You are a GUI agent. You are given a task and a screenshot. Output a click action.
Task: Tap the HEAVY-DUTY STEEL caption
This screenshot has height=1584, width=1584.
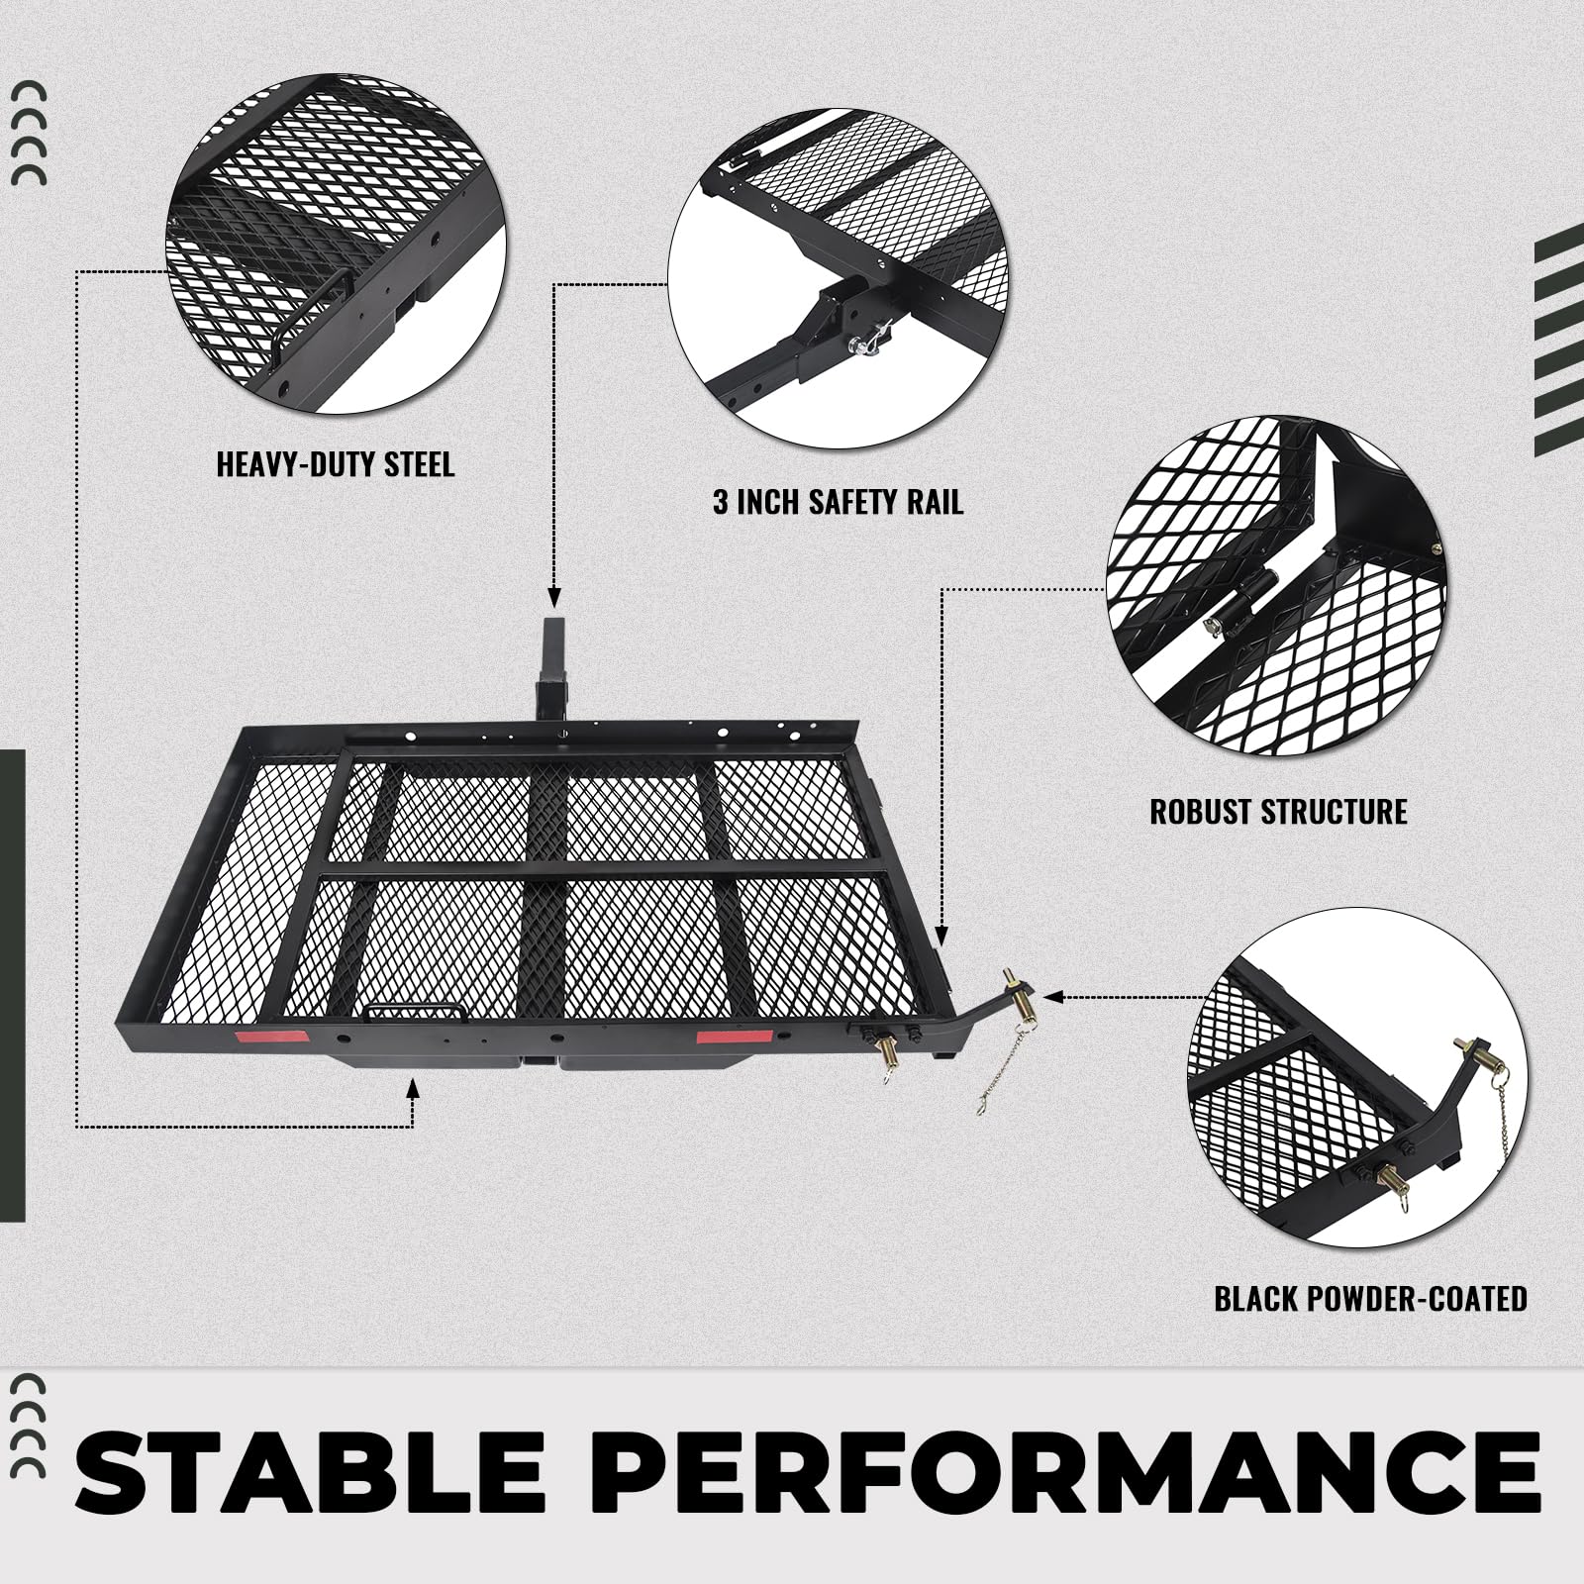point(335,464)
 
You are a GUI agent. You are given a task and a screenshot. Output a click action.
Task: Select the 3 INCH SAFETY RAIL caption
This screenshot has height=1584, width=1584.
point(838,502)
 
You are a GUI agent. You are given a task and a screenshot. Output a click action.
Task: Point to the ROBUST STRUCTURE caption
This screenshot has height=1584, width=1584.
point(1278,812)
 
